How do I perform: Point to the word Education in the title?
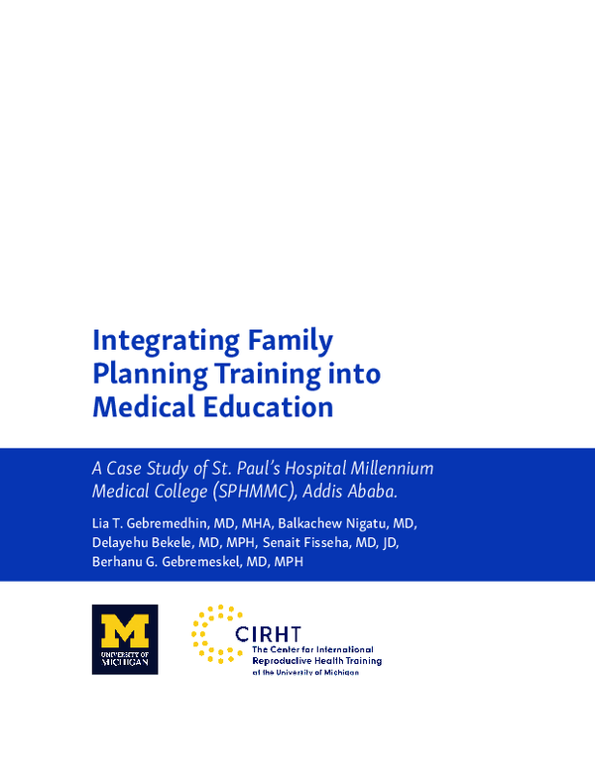pos(273,406)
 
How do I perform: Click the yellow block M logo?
pos(124,630)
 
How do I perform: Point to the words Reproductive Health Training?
pos(316,660)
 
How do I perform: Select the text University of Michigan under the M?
pos(124,660)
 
